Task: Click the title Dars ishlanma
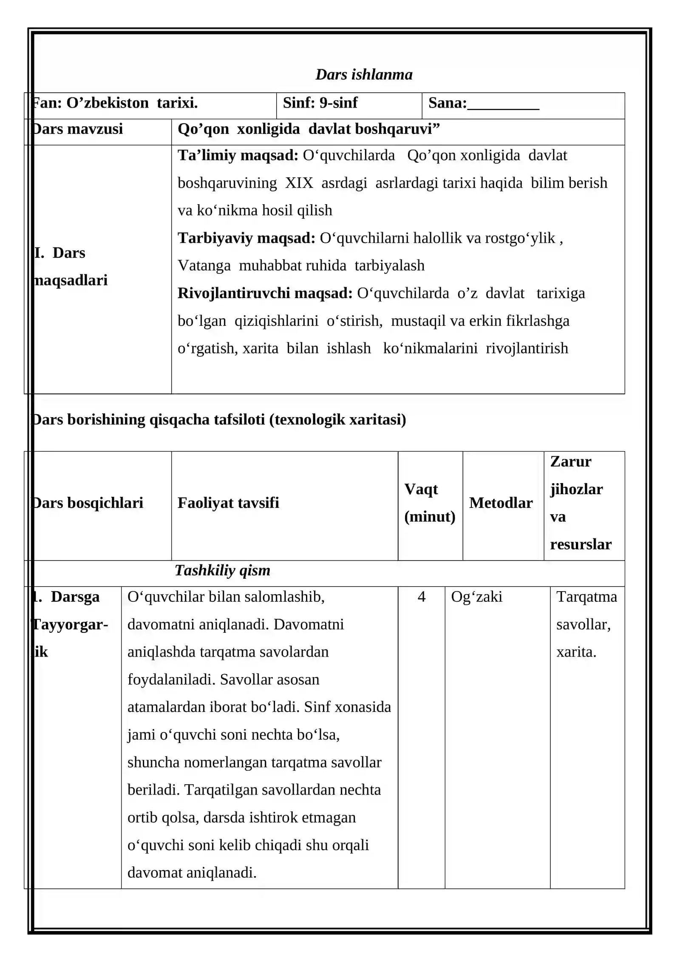(x=364, y=74)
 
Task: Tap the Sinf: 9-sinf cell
(x=320, y=103)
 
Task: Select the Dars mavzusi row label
(x=78, y=129)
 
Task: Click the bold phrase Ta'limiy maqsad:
(x=238, y=155)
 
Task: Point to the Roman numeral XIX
(x=299, y=183)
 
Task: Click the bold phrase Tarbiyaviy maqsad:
(x=246, y=238)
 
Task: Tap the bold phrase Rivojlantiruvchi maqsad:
(x=265, y=293)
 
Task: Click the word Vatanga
(x=204, y=265)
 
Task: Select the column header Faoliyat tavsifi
(x=228, y=503)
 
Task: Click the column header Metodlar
(x=501, y=503)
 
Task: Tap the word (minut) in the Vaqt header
(x=430, y=517)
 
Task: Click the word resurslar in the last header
(x=581, y=544)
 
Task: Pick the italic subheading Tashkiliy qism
(x=222, y=570)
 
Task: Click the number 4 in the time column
(x=421, y=597)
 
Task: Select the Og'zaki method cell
(x=476, y=597)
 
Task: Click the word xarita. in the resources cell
(x=576, y=652)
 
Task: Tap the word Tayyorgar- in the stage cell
(x=71, y=624)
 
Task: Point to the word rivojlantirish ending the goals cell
(x=527, y=348)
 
